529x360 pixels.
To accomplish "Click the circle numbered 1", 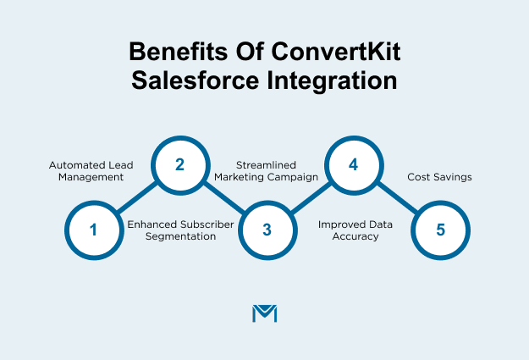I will click(x=93, y=230).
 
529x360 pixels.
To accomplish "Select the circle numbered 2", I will click(x=179, y=164).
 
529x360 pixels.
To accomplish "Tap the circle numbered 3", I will click(x=267, y=230).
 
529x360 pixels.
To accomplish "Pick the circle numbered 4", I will click(x=354, y=164).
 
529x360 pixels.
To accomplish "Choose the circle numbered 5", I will click(x=440, y=230).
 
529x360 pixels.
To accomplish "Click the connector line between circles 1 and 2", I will click(x=136, y=197).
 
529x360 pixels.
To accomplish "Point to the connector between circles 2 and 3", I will click(x=223, y=197).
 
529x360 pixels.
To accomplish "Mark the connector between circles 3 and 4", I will click(x=310, y=197).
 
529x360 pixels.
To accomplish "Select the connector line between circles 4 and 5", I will click(x=397, y=197).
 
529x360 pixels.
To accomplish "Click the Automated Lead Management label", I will click(x=86, y=170).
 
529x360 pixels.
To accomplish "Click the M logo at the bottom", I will click(x=265, y=313).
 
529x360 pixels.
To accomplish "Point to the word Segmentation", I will click(x=172, y=236).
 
